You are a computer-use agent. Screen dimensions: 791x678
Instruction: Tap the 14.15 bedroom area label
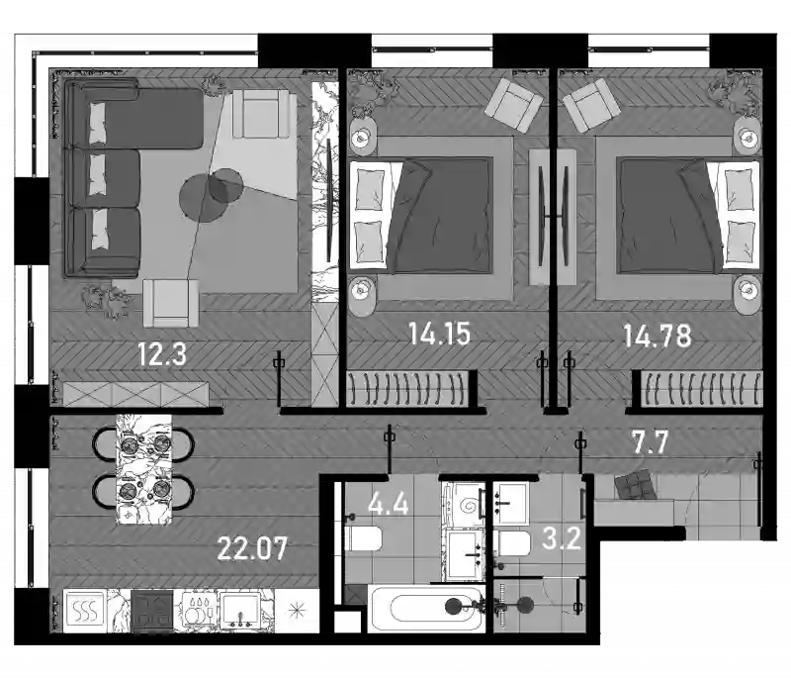click(439, 334)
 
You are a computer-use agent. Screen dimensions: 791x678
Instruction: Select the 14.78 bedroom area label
click(657, 336)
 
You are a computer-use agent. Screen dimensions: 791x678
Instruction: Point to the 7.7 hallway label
click(651, 442)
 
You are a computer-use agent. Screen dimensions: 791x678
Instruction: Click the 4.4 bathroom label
click(388, 504)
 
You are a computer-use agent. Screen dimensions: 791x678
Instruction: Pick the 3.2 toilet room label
click(561, 538)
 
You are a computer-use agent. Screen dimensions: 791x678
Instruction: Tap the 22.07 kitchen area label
click(252, 547)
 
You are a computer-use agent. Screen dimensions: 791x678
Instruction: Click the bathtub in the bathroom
click(426, 609)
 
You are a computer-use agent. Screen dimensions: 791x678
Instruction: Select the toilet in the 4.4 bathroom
click(363, 538)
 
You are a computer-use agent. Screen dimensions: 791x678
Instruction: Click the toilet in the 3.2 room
click(511, 543)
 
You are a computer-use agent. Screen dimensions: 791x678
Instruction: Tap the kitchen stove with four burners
click(152, 612)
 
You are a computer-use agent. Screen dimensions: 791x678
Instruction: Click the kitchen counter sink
click(240, 611)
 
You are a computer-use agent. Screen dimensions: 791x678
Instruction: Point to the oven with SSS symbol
click(85, 611)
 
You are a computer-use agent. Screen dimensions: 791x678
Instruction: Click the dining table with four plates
click(143, 469)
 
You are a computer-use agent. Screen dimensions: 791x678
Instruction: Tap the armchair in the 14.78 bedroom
click(591, 105)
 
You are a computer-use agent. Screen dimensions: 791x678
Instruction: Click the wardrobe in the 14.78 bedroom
click(701, 388)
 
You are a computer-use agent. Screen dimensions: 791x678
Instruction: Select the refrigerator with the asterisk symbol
click(298, 611)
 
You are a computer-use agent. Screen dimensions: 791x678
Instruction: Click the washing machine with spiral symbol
click(463, 505)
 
